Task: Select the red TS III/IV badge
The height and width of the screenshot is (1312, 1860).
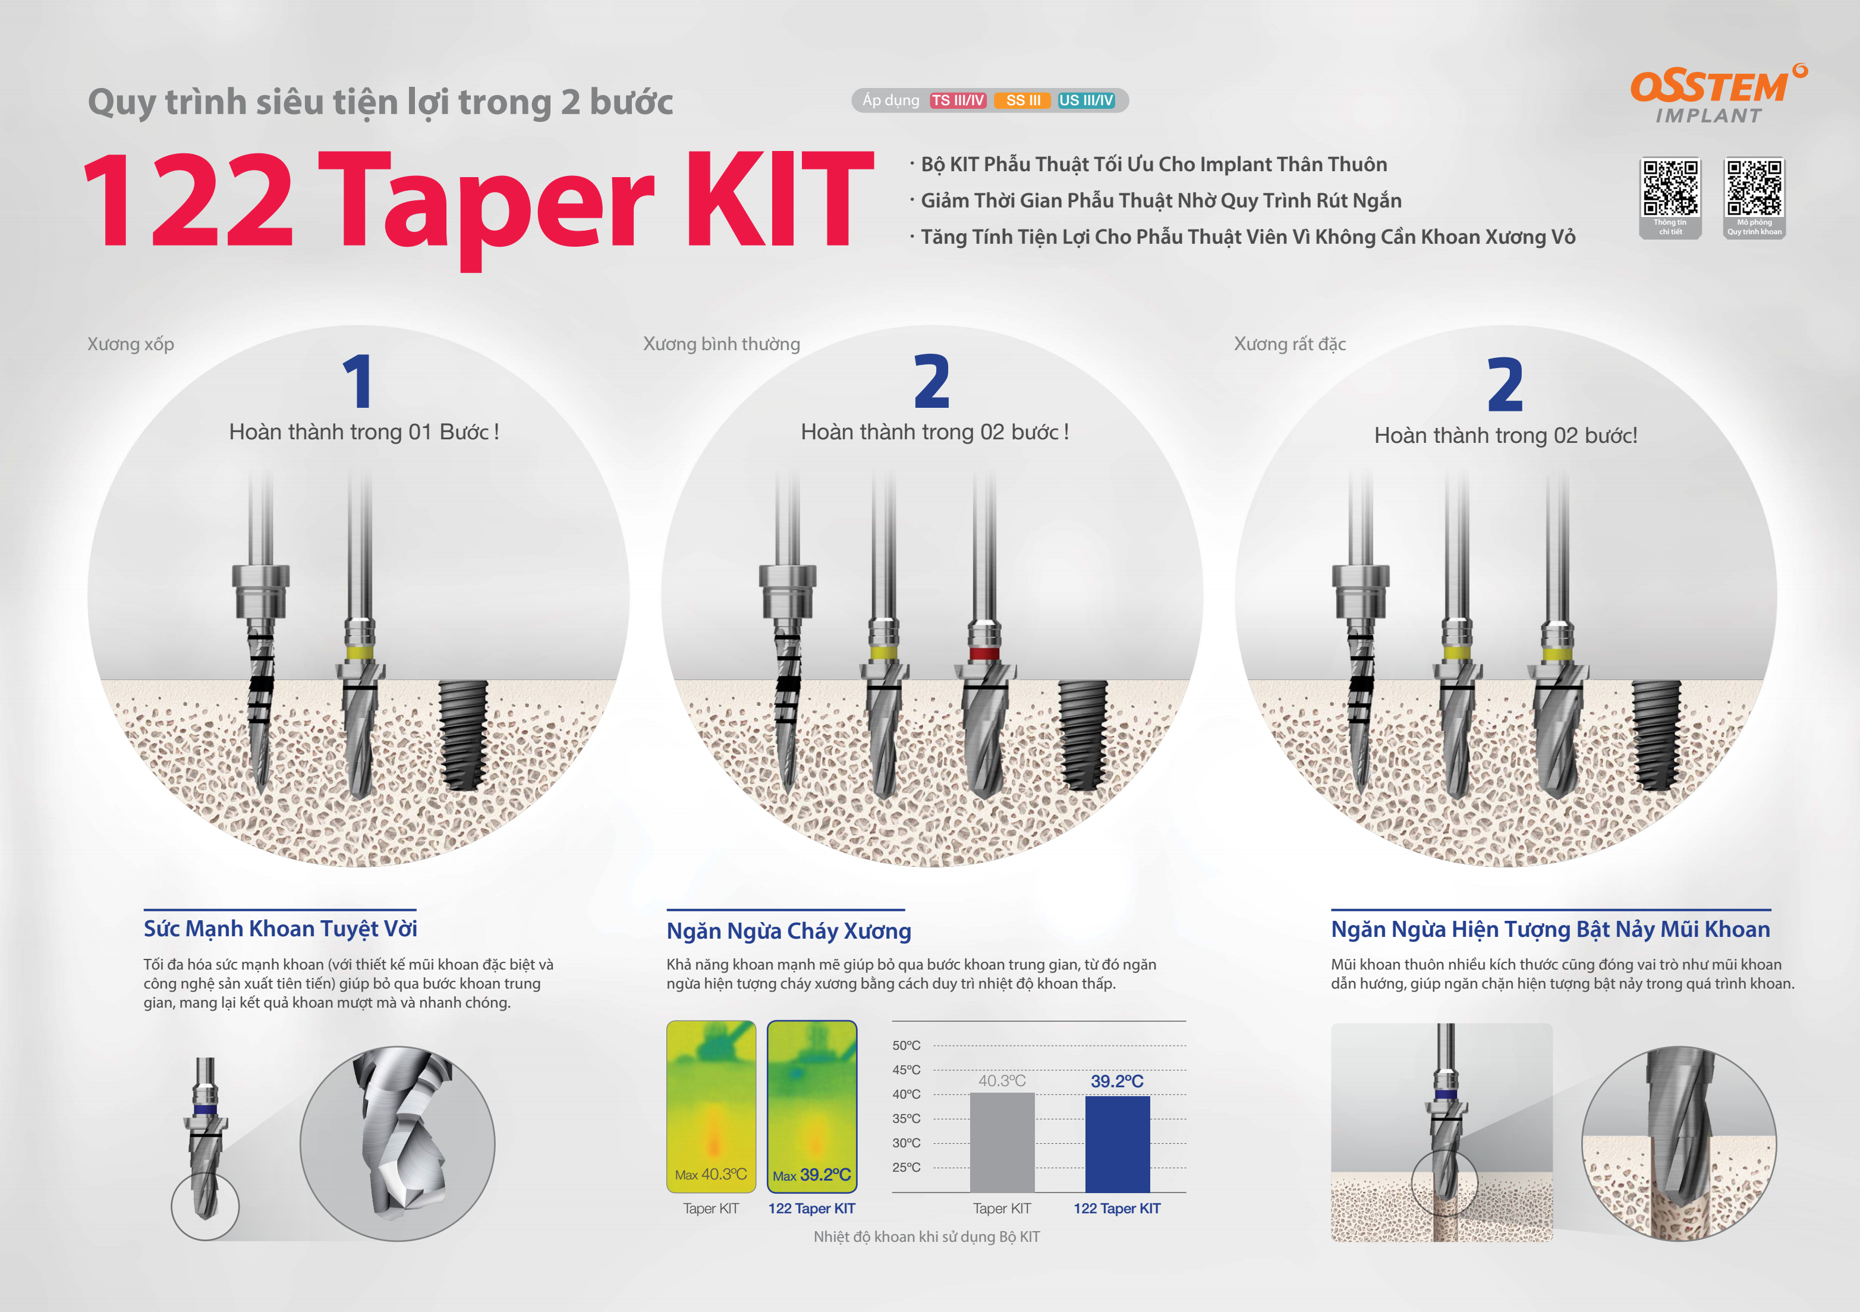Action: pos(958,100)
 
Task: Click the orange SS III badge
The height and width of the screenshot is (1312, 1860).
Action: pos(1023,100)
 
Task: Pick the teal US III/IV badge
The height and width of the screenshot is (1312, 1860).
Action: pos(1087,100)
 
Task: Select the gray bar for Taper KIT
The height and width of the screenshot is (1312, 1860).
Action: pos(1002,1142)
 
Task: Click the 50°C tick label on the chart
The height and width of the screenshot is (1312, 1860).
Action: pos(907,1046)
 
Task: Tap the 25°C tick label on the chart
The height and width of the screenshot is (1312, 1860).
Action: pos(907,1167)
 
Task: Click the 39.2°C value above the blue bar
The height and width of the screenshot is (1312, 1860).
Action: pos(1117,1081)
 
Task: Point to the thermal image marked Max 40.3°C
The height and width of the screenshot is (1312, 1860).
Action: pos(712,1107)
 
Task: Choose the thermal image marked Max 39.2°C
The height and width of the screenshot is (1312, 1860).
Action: pos(812,1107)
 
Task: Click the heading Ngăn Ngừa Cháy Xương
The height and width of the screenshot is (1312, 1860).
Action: pos(789,930)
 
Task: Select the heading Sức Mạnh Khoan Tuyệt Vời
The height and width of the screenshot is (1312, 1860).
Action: pos(281,929)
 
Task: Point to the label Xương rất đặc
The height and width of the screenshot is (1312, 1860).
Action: pos(1290,344)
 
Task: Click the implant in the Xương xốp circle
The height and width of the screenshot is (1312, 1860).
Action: pos(462,734)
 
